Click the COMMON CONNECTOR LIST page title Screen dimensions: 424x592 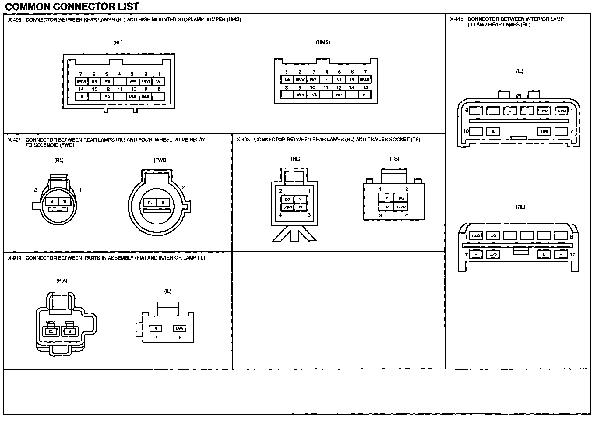click(x=72, y=6)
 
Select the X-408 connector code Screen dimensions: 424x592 click(x=14, y=20)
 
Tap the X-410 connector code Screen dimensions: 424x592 click(x=456, y=19)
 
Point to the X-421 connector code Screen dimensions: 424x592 click(x=14, y=140)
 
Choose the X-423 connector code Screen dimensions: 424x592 click(x=243, y=140)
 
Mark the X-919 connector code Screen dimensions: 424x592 click(x=14, y=258)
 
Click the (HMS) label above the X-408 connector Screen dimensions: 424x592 click(x=323, y=42)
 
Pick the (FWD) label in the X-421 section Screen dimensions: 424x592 click(x=160, y=160)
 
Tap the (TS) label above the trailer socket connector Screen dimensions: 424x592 click(x=394, y=159)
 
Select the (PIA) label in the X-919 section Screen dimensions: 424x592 click(x=62, y=281)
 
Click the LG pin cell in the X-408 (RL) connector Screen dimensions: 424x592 click(x=158, y=81)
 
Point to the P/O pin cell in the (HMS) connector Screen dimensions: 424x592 click(x=339, y=95)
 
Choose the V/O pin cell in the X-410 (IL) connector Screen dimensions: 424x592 click(x=544, y=111)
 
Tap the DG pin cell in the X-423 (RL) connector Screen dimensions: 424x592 click(x=287, y=200)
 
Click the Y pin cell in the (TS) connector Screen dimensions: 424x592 click(x=387, y=198)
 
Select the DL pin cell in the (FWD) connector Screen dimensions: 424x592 click(x=150, y=203)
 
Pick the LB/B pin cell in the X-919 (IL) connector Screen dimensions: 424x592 click(x=179, y=329)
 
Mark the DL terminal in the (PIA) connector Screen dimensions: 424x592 click(x=51, y=331)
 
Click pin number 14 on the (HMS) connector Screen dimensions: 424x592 click(x=365, y=88)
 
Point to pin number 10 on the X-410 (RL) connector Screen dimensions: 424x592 click(x=573, y=255)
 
